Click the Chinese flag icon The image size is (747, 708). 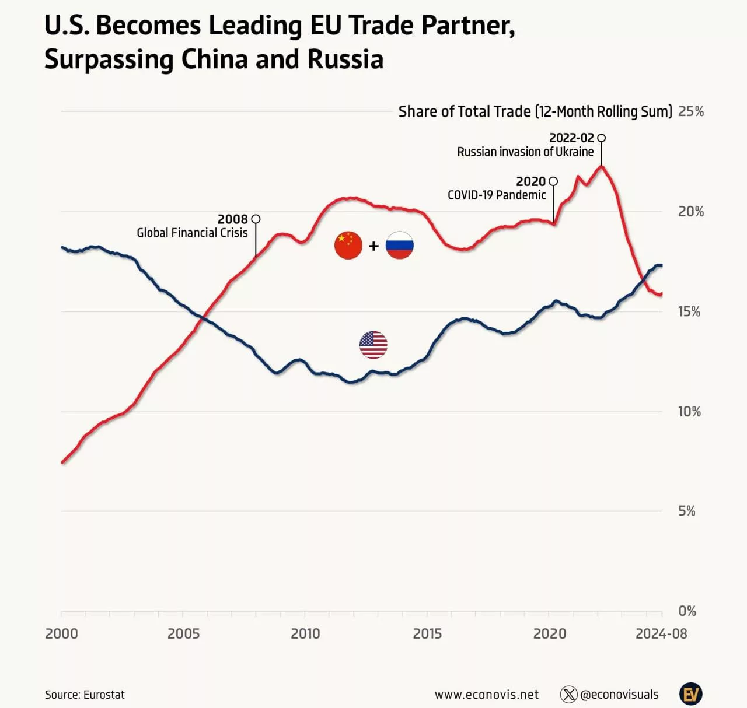(x=348, y=246)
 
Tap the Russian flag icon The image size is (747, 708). (x=400, y=246)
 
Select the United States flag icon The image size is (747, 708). (x=373, y=345)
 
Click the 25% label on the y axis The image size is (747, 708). (x=691, y=111)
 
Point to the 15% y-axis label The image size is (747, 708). (x=689, y=311)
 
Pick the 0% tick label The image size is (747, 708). (x=687, y=611)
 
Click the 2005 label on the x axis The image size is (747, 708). (x=183, y=633)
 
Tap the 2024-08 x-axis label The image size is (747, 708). (x=661, y=633)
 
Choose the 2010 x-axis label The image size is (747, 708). (x=305, y=633)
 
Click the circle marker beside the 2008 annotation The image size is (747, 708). (x=255, y=219)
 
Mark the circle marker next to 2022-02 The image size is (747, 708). (x=602, y=138)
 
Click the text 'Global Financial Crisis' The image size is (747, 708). (x=192, y=233)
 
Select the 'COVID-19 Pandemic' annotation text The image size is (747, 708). (x=497, y=195)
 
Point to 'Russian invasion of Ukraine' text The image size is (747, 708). (x=525, y=152)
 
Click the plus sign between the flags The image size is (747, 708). (x=374, y=246)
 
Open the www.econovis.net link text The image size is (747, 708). (x=487, y=695)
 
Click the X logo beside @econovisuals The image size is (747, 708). (x=568, y=695)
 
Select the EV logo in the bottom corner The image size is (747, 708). (x=691, y=694)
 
